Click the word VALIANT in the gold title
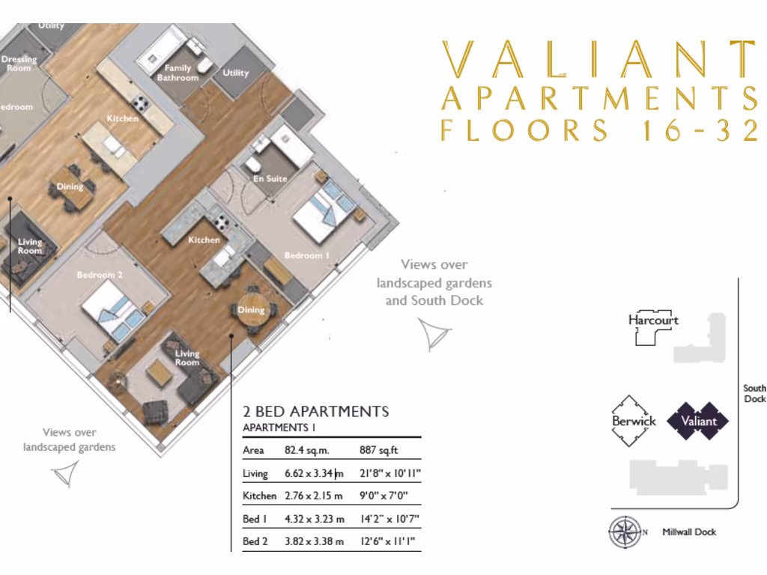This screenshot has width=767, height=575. tap(597, 59)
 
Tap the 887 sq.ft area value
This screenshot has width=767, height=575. tap(380, 451)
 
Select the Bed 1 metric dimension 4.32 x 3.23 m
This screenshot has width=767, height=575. tap(314, 519)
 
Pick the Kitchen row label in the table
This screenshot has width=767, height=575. tap(259, 496)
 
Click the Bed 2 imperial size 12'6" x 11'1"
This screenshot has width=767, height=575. tap(387, 541)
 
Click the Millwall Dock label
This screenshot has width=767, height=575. tap(688, 532)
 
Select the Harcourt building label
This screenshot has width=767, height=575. tap(653, 320)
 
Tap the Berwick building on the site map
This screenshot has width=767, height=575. tap(634, 421)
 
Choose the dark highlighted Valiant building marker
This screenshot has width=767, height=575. tap(697, 421)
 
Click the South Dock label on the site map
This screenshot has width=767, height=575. tap(754, 394)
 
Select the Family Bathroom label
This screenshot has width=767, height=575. tap(178, 73)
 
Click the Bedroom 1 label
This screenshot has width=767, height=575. tap(306, 256)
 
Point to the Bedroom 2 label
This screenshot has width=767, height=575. tap(100, 275)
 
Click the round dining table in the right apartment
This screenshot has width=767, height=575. tap(251, 309)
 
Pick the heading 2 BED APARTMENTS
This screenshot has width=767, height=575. tap(315, 411)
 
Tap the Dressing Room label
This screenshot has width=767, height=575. tap(19, 64)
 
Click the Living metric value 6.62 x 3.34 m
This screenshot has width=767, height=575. tap(314, 474)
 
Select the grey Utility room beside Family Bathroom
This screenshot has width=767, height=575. tap(235, 73)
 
